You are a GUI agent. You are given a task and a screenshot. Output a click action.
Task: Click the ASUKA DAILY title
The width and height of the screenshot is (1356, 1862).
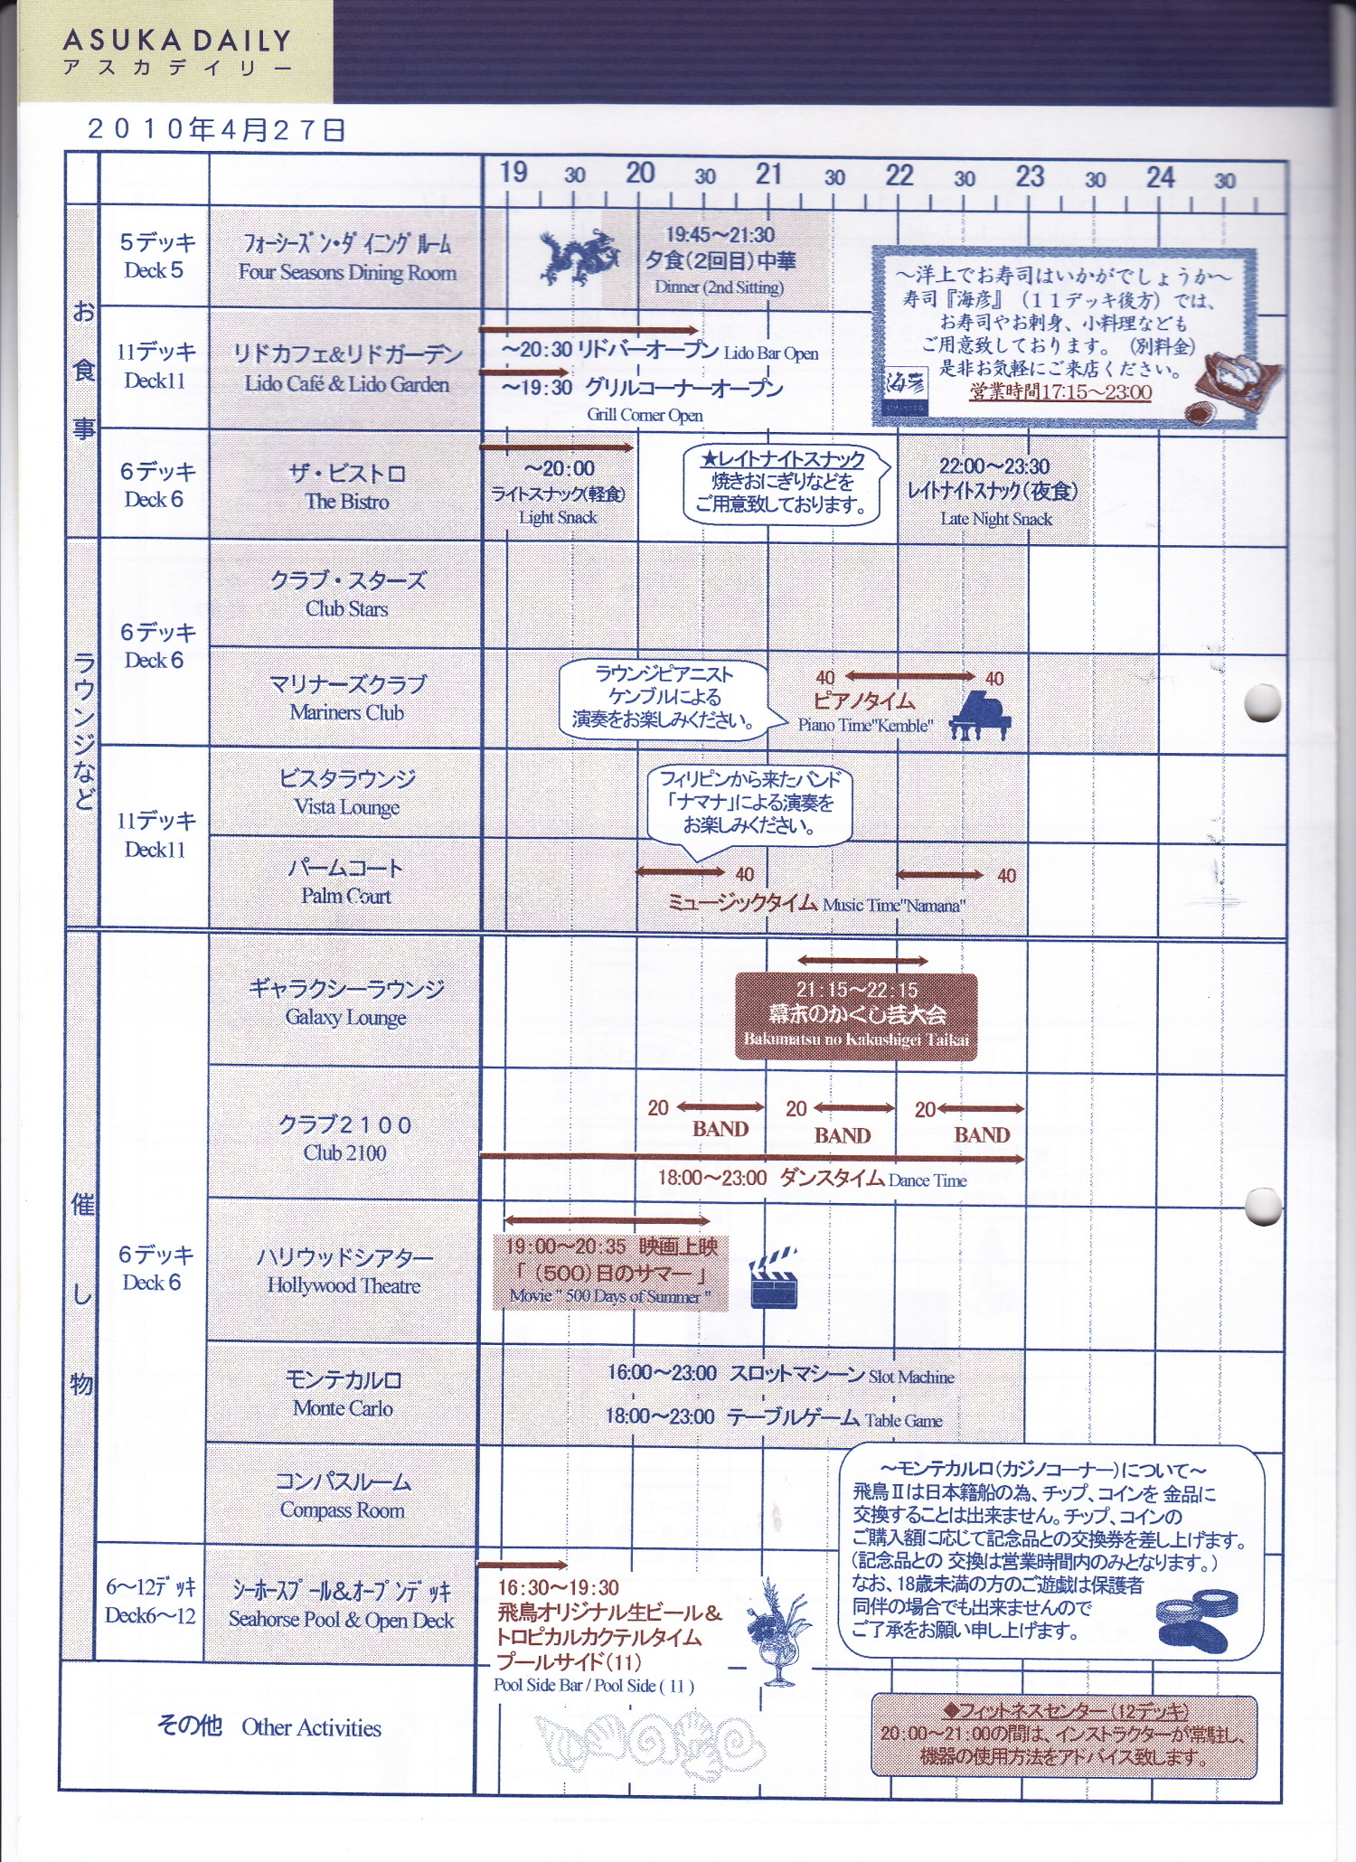pyautogui.click(x=177, y=41)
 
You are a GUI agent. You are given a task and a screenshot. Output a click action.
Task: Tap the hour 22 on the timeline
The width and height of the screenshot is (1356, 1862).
pyautogui.click(x=899, y=174)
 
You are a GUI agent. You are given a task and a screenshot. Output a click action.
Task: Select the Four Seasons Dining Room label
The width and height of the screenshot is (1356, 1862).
pyautogui.click(x=347, y=272)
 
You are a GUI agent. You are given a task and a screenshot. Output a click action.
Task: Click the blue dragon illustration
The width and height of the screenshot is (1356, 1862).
pyautogui.click(x=579, y=256)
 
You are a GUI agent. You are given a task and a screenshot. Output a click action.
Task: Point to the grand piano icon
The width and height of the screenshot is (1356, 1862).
pyautogui.click(x=980, y=716)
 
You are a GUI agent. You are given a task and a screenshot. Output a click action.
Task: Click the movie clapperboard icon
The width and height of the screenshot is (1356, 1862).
pyautogui.click(x=774, y=1277)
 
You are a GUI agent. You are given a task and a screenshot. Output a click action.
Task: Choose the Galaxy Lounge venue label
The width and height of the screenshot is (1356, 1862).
pyautogui.click(x=346, y=1018)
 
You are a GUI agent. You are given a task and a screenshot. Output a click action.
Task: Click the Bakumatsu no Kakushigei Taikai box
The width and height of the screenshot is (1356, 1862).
pyautogui.click(x=856, y=1015)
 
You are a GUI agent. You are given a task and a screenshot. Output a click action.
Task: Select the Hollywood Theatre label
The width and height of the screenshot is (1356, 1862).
pyautogui.click(x=344, y=1285)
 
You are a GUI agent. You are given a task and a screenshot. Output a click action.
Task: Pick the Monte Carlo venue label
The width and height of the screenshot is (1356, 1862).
pyautogui.click(x=343, y=1408)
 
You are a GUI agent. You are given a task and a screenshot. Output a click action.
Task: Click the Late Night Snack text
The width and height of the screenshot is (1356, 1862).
pyautogui.click(x=996, y=519)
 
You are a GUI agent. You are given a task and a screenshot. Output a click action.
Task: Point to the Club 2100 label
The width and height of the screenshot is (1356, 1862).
pyautogui.click(x=344, y=1152)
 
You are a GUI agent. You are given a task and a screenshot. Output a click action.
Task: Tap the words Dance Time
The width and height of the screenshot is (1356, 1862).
pyautogui.click(x=928, y=1180)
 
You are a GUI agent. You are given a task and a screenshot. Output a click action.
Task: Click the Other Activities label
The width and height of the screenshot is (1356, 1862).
pyautogui.click(x=311, y=1727)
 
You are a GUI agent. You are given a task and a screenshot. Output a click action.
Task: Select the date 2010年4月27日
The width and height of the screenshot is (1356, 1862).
pyautogui.click(x=216, y=129)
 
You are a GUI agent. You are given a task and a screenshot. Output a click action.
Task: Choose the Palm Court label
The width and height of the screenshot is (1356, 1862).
pyautogui.click(x=346, y=896)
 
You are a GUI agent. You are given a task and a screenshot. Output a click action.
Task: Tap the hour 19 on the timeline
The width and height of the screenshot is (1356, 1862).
pyautogui.click(x=513, y=172)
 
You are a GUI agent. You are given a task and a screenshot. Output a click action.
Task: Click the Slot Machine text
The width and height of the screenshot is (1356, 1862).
pyautogui.click(x=911, y=1378)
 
